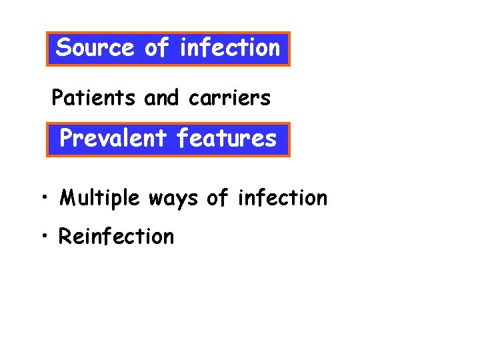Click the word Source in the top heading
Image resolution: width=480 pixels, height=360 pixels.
tap(95, 48)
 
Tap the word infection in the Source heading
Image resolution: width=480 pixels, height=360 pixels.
tap(230, 48)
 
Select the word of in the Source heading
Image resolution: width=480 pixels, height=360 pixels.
tap(157, 48)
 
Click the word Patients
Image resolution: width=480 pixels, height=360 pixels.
tap(95, 99)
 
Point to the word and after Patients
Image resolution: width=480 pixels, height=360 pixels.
tap(161, 99)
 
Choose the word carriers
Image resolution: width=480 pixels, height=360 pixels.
tap(229, 99)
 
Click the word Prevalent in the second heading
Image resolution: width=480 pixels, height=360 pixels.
tap(113, 139)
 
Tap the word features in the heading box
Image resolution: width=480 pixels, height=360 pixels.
tap(226, 139)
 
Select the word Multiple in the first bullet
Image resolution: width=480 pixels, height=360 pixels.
tap(100, 198)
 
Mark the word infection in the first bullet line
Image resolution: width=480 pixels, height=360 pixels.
tap(283, 198)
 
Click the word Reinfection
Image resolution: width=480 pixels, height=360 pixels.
tap(117, 237)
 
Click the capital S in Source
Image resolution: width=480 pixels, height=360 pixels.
tap(64, 48)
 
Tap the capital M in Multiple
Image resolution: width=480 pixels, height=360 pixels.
tap(67, 198)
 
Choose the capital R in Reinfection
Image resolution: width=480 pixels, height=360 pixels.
tap(65, 237)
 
